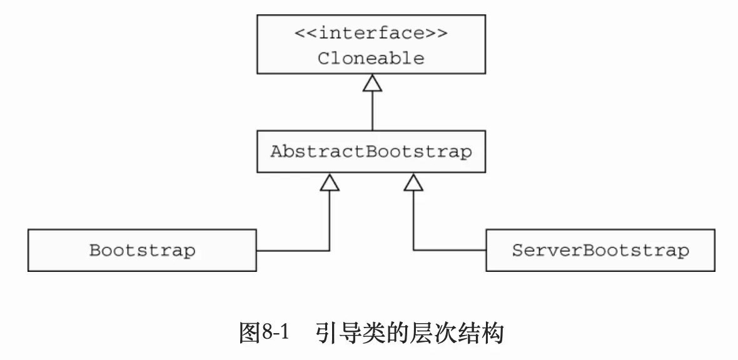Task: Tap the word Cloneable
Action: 372,59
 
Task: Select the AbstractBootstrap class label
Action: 372,152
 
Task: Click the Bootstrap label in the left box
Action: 142,251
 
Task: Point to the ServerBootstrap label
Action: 600,251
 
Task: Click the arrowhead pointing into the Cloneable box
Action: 372,84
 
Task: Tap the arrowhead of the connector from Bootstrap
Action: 330,182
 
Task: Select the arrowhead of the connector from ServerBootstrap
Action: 413,182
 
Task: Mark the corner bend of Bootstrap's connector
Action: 330,251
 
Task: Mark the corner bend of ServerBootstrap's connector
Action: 413,251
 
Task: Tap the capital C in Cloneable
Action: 323,59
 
